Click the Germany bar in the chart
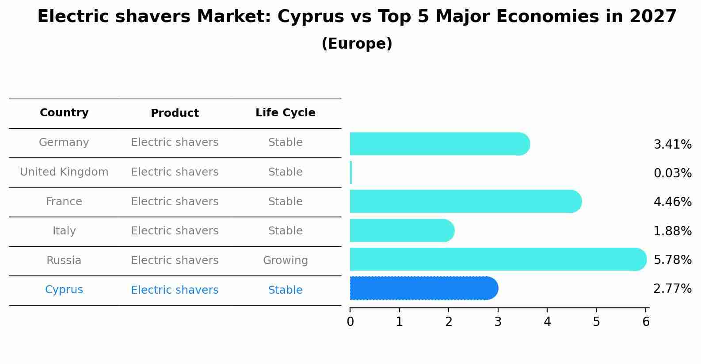pos(439,144)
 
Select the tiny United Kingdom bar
pos(351,172)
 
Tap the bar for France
pos(465,202)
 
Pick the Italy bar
pos(401,230)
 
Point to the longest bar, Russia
pos(498,259)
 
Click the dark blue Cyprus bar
pos(423,288)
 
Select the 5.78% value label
pos(672,260)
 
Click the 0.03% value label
pos(672,173)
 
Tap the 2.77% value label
pos(672,289)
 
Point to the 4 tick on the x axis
pos(547,322)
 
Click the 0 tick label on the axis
pos(350,322)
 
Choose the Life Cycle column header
pos(285,113)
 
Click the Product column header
pos(175,113)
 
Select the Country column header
pos(64,113)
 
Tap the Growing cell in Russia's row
pos(285,261)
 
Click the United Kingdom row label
pos(64,172)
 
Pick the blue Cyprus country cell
pos(64,290)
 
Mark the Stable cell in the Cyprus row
pos(285,290)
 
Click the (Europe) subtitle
pos(357,44)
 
